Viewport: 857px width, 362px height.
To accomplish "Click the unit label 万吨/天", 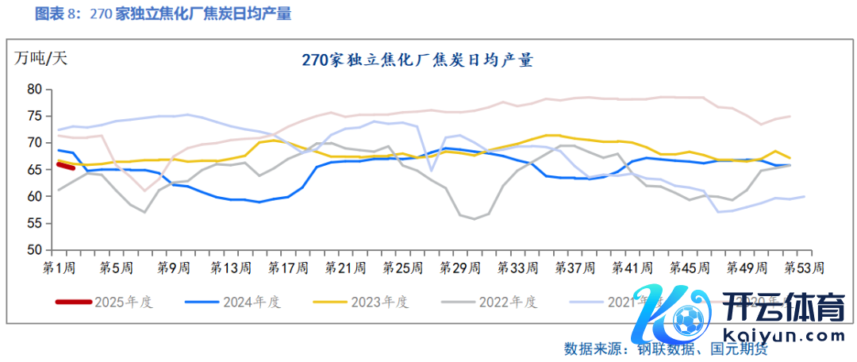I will pyautogui.click(x=40, y=58).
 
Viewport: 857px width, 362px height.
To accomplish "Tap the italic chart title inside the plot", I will pyautogui.click(x=417, y=60).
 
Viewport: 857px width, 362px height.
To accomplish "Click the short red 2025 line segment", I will pyautogui.click(x=65, y=165).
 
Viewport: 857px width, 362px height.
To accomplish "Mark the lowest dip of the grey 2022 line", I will pyautogui.click(x=475, y=218).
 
